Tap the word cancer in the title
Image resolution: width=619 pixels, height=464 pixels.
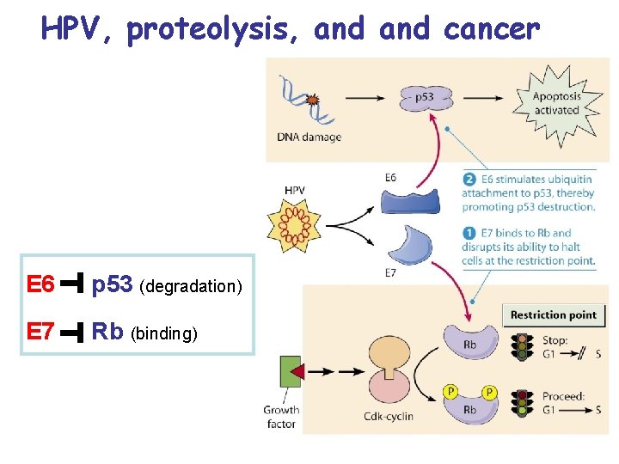pos(492,29)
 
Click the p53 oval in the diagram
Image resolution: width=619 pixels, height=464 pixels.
pos(425,98)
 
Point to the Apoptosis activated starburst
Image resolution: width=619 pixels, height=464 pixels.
pos(556,103)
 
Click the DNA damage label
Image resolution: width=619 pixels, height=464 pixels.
pos(309,137)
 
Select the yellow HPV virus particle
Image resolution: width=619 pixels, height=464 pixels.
pos(295,226)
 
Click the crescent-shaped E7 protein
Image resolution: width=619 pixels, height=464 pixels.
pos(414,248)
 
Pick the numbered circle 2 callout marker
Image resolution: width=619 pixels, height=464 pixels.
pos(469,180)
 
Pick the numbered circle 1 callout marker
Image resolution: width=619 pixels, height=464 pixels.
pos(469,233)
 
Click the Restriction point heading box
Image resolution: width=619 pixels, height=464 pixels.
pos(553,314)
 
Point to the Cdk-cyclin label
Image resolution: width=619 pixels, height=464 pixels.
pos(389,417)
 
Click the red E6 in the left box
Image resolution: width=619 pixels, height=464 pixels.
pos(40,284)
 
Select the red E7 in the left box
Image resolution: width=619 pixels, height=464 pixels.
pos(40,331)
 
